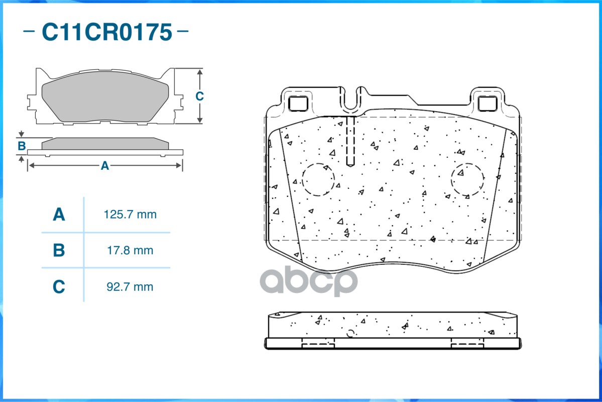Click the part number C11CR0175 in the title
tap(107, 32)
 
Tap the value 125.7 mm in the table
tap(130, 215)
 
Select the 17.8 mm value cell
tap(130, 251)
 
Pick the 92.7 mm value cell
tap(130, 287)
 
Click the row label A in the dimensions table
tap(59, 215)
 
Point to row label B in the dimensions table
tap(59, 250)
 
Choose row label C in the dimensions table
tap(59, 287)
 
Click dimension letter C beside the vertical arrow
tap(199, 96)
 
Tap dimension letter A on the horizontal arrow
tap(105, 166)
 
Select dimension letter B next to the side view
tap(22, 146)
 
